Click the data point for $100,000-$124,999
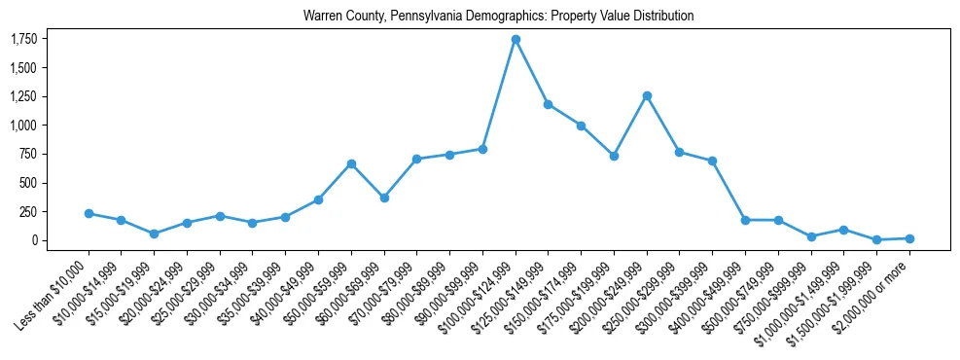[x=516, y=39]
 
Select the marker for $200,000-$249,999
[x=647, y=95]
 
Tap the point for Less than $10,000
[x=89, y=213]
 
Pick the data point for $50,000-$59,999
[x=351, y=163]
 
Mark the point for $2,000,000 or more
[x=909, y=238]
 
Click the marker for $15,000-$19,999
[x=154, y=234]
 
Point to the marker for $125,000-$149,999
[x=549, y=104]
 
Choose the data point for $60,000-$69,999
[x=384, y=198]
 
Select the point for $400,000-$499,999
[x=745, y=220]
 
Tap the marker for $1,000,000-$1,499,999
[x=843, y=230]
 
